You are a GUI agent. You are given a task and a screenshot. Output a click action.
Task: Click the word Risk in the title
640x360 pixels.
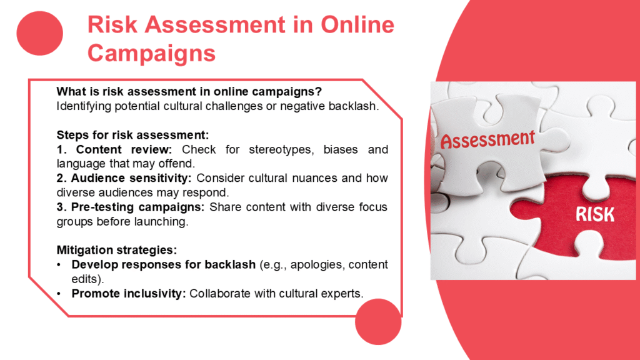tap(112, 24)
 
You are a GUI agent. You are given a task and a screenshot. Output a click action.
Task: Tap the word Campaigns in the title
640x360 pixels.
tap(151, 54)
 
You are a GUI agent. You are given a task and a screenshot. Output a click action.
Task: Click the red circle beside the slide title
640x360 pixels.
tap(39, 33)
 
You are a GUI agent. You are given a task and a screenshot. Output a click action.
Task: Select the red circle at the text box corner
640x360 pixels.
tap(378, 322)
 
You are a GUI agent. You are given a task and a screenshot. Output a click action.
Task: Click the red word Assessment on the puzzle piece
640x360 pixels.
tap(487, 139)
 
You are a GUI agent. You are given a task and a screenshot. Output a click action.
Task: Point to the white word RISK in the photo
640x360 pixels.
tap(595, 214)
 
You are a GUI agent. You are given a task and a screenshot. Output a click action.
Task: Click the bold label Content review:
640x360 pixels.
tap(124, 149)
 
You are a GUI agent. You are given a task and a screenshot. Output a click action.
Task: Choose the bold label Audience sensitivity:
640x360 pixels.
tap(131, 178)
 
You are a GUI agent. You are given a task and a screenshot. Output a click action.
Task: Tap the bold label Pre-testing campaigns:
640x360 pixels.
tap(137, 207)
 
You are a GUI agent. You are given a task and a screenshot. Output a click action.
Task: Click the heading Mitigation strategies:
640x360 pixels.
tap(117, 250)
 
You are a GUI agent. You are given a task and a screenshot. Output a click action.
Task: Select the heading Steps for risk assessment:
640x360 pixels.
tap(132, 135)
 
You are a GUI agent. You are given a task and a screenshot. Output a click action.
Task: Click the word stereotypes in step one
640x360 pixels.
tap(281, 150)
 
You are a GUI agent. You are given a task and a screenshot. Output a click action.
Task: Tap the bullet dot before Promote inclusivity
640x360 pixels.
tap(59, 294)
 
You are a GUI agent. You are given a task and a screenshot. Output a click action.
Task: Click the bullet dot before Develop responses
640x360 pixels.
tap(59, 265)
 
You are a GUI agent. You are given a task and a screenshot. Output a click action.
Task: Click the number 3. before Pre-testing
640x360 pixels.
tap(62, 207)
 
